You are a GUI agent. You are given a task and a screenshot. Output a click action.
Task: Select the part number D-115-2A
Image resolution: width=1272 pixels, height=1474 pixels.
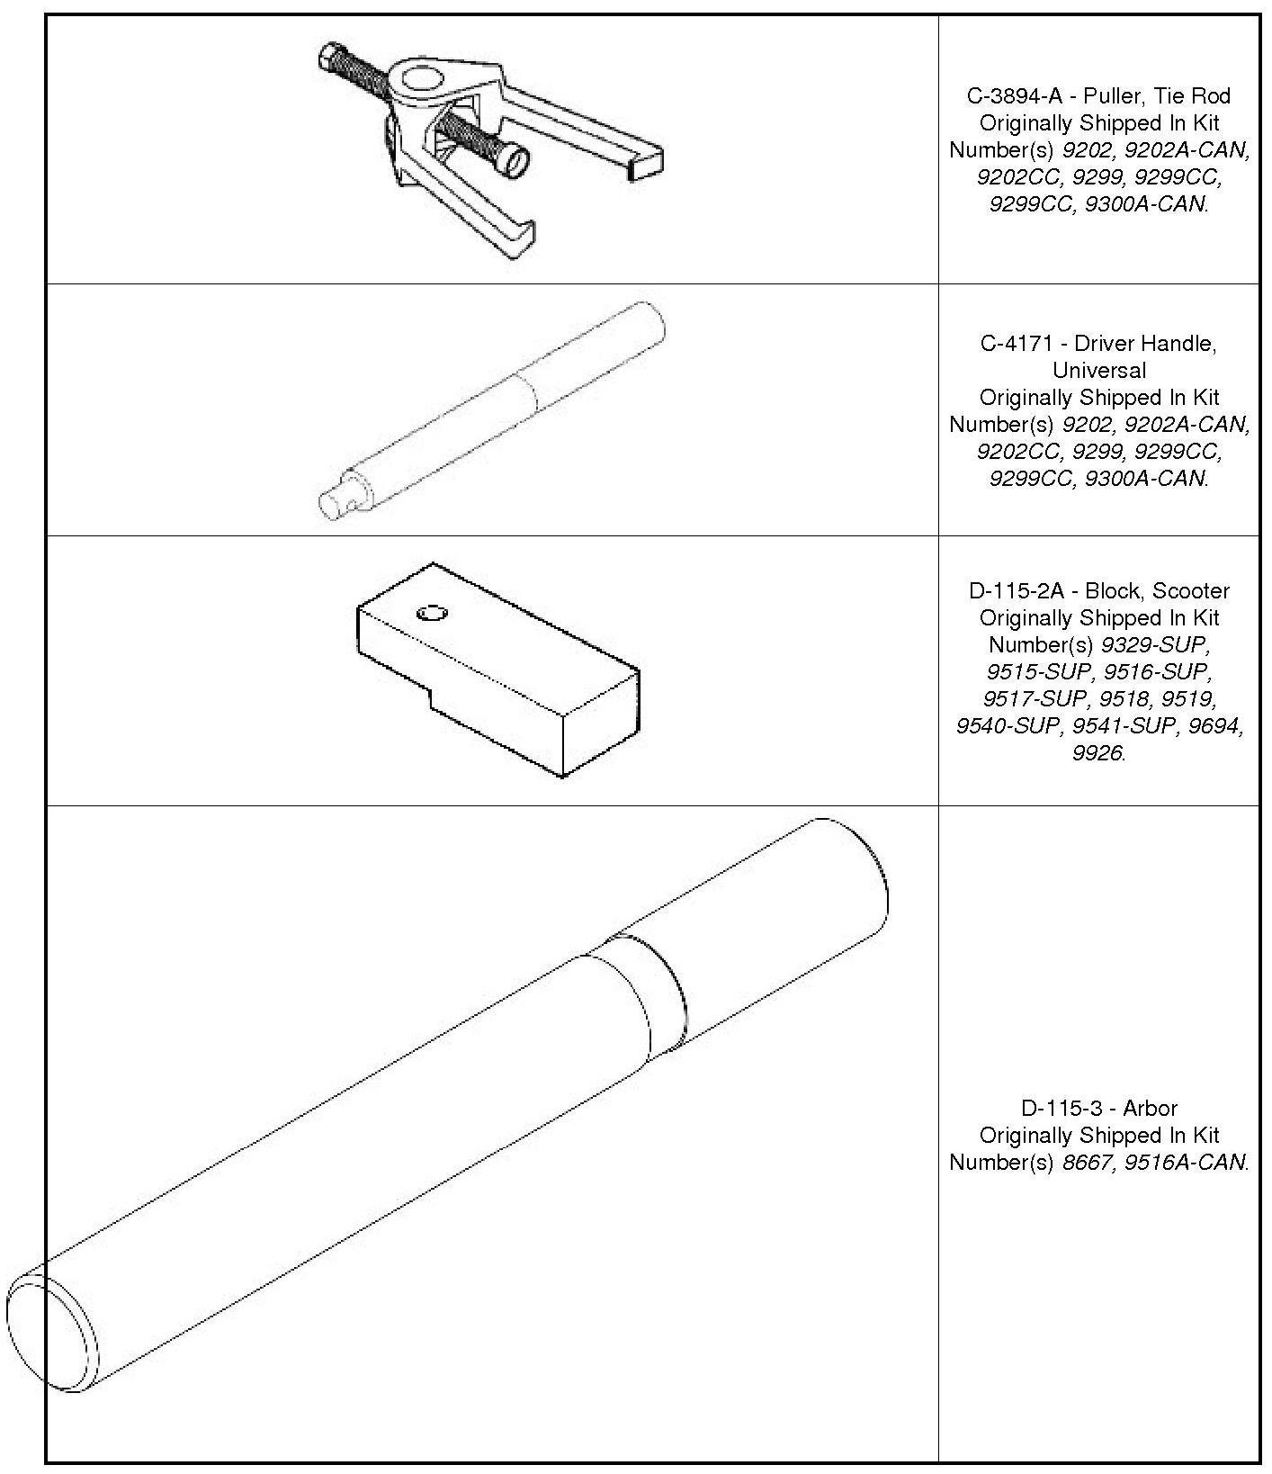click(1016, 591)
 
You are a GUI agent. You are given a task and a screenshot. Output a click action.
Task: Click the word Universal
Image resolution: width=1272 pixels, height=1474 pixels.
click(1098, 371)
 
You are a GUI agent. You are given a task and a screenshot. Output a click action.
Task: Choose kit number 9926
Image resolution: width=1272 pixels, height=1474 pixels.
click(1097, 753)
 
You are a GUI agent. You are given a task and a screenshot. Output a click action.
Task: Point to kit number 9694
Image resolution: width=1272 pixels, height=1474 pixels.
click(1215, 726)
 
